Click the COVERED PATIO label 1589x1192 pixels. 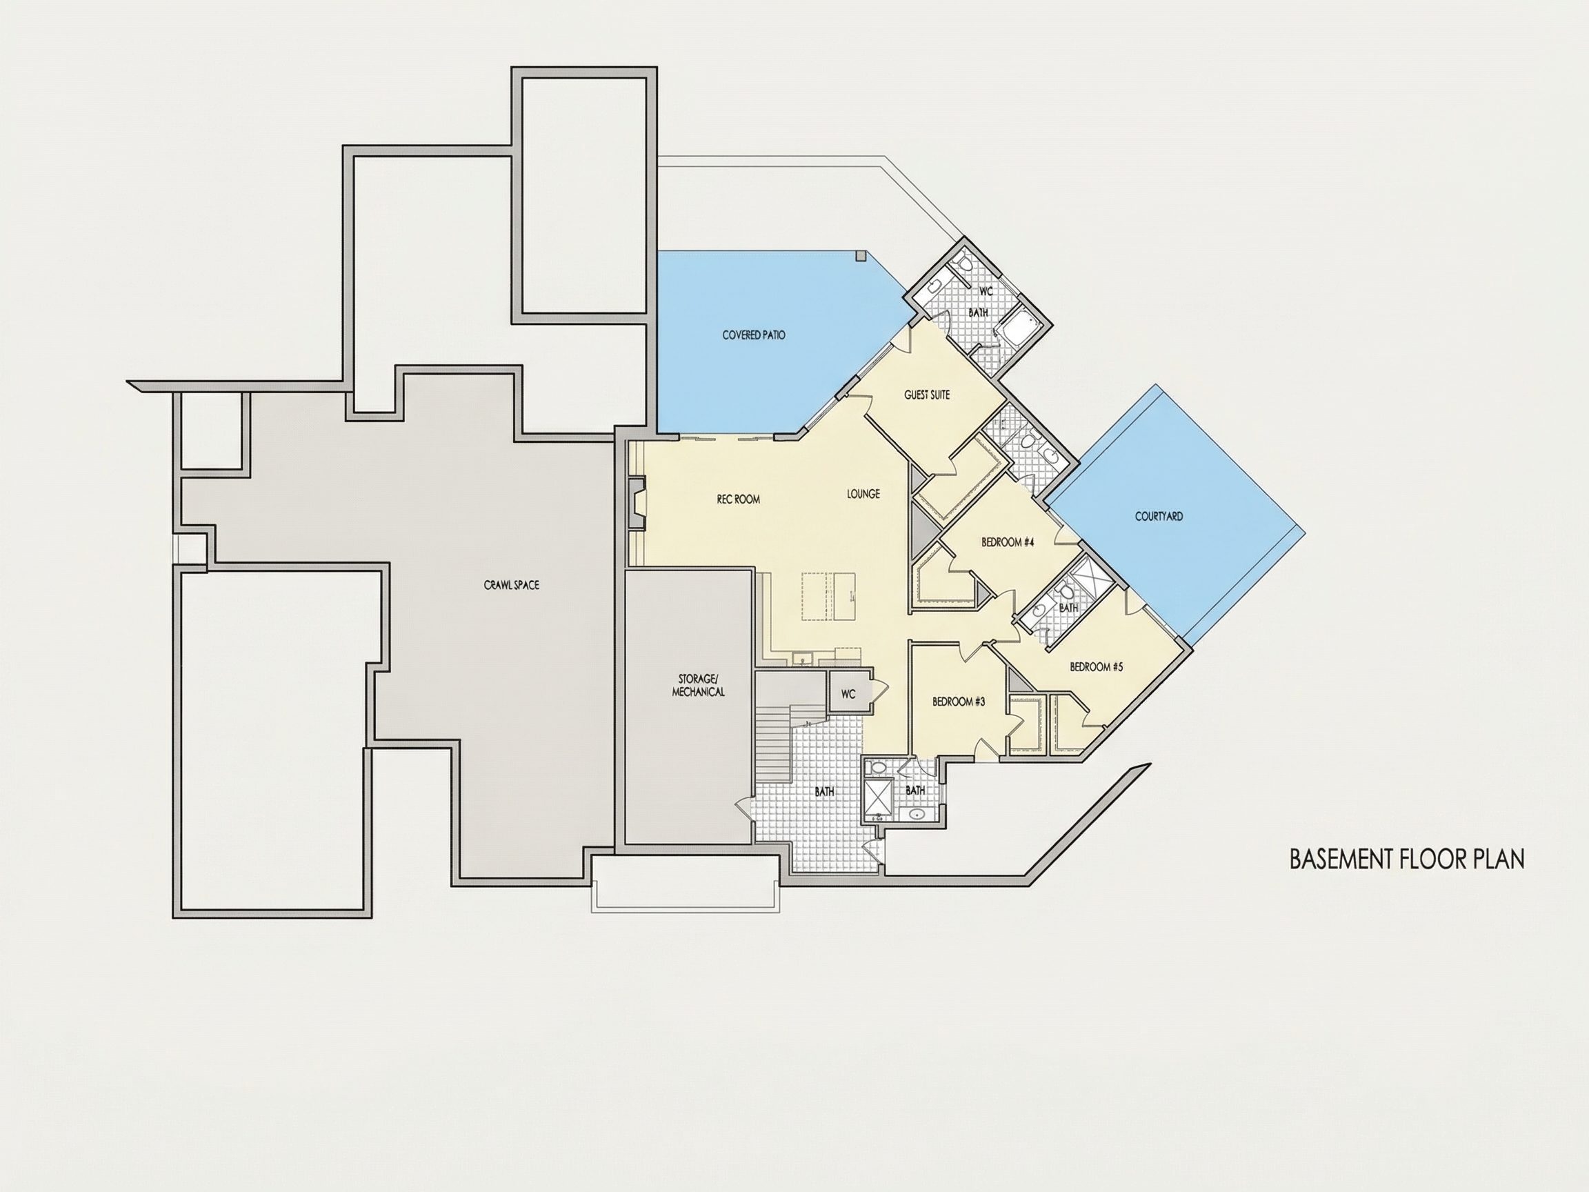coord(754,335)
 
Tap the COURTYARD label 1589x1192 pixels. coord(1159,517)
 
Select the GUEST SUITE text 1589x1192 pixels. coord(927,395)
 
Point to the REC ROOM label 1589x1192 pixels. coord(738,499)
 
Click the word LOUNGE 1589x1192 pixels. coord(863,495)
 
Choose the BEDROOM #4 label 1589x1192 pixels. coord(1007,542)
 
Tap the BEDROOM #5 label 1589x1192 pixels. coord(1096,667)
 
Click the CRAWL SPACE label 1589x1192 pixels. coord(512,586)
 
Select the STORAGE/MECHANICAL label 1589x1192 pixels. coord(698,686)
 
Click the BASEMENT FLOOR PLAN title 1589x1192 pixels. coord(1406,860)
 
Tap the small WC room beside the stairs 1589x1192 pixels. coord(848,693)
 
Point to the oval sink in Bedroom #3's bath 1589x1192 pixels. coord(915,814)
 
